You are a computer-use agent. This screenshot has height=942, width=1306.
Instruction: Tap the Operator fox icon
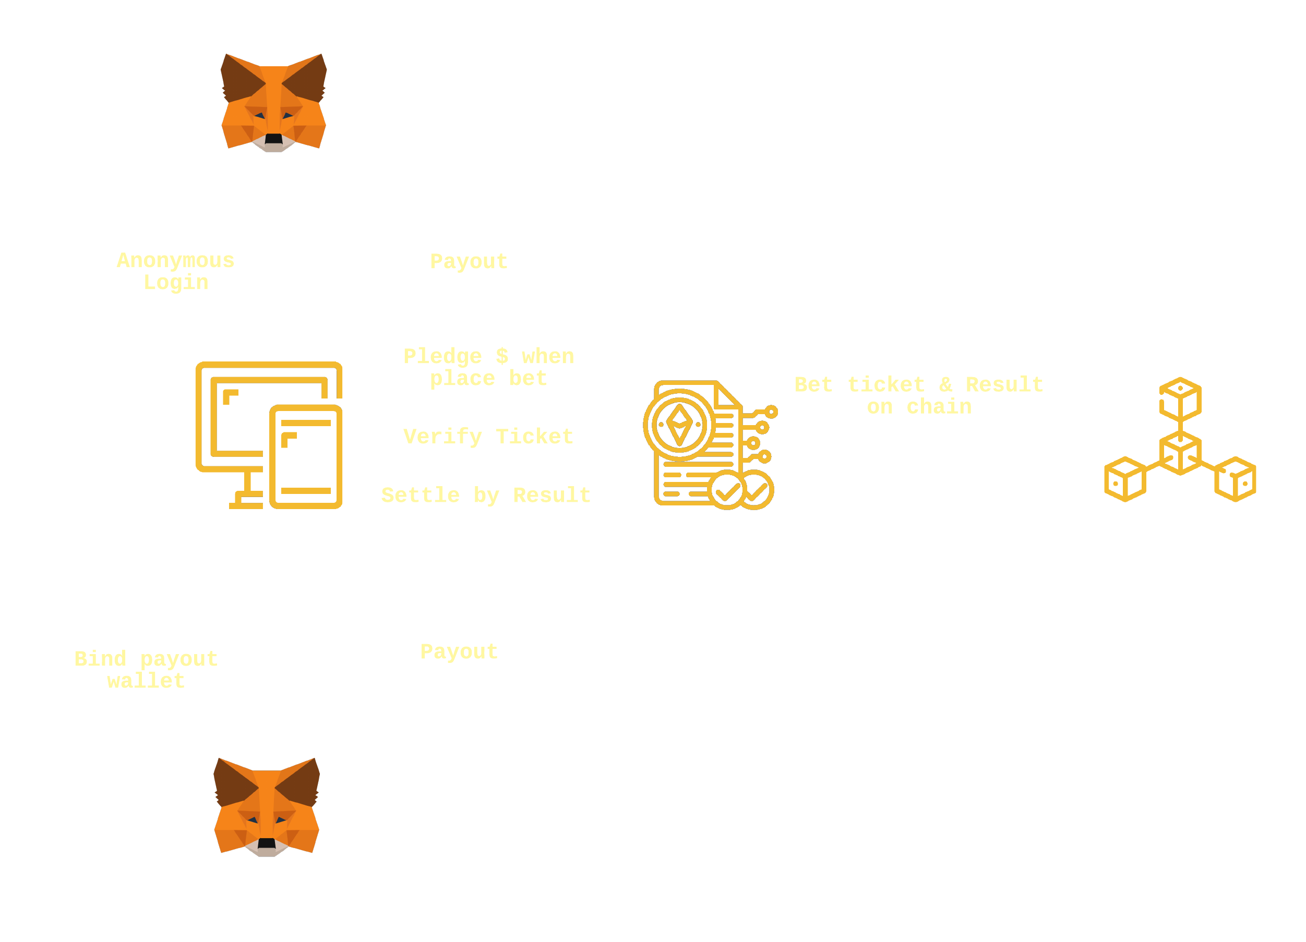tap(267, 807)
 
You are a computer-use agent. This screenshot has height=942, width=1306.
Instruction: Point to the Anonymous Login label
tap(176, 271)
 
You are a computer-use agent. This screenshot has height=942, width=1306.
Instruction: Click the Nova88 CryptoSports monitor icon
tap(268, 436)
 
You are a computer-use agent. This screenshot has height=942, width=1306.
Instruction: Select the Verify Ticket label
tap(488, 437)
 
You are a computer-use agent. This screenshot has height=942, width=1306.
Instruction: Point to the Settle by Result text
tap(486, 495)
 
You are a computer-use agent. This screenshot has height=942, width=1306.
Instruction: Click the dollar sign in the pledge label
tap(502, 356)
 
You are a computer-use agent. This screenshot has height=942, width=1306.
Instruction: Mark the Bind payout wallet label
tap(146, 670)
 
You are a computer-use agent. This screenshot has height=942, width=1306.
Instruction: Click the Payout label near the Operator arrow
tap(459, 652)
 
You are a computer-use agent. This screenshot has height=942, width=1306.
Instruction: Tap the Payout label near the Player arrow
tap(469, 261)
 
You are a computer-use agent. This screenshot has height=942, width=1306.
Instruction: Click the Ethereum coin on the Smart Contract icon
tap(679, 425)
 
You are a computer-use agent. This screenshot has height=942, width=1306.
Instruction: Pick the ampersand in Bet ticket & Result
tap(945, 384)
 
